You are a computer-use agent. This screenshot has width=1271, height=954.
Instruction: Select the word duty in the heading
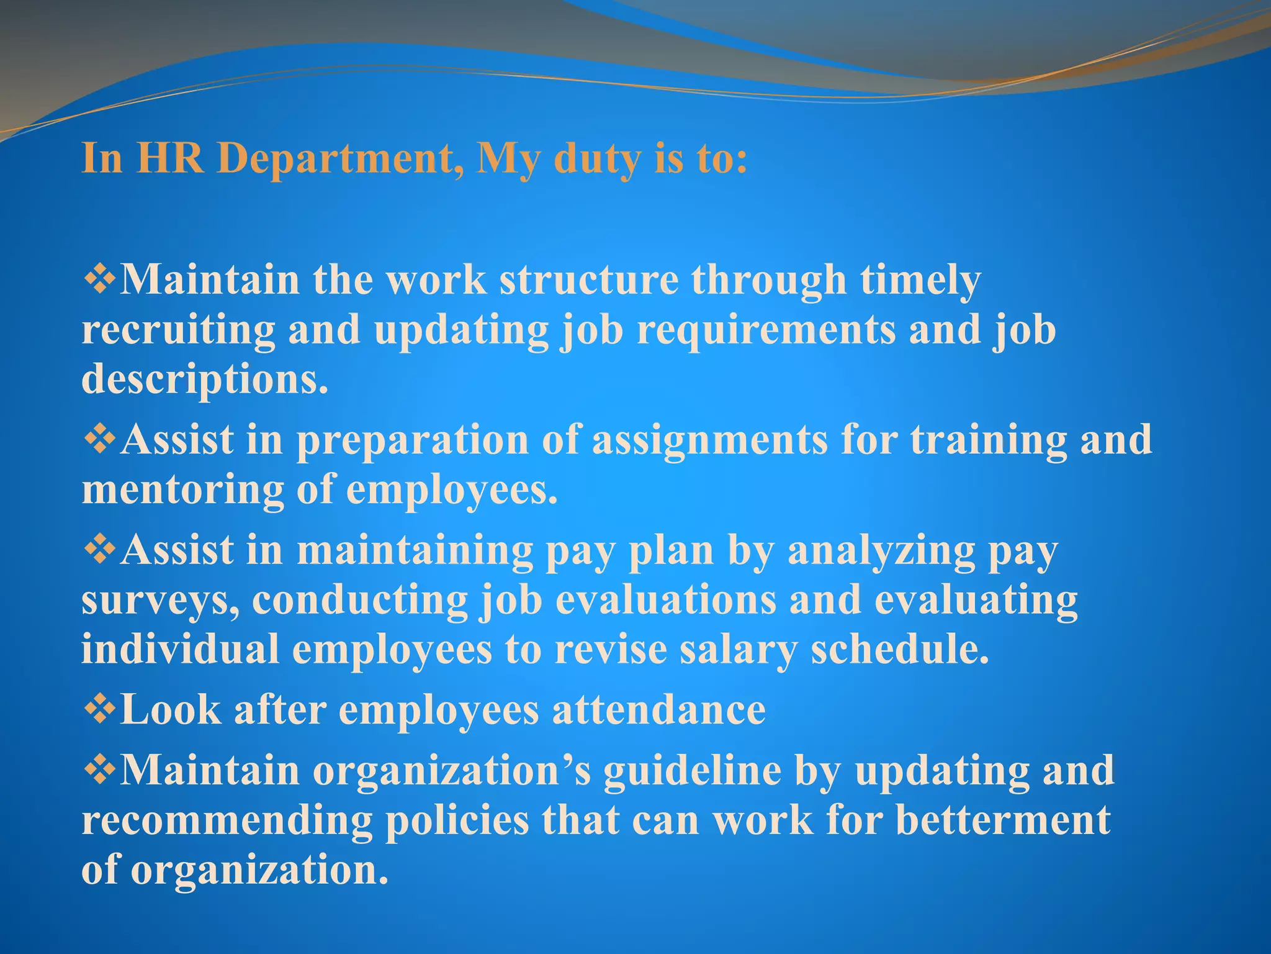pyautogui.click(x=596, y=159)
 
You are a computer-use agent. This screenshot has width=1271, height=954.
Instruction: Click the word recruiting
pyautogui.click(x=179, y=330)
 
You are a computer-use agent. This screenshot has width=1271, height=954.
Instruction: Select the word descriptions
pyautogui.click(x=205, y=379)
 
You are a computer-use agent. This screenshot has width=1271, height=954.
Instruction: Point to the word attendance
pyautogui.click(x=659, y=709)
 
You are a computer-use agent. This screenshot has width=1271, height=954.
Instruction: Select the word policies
pyautogui.click(x=457, y=820)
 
